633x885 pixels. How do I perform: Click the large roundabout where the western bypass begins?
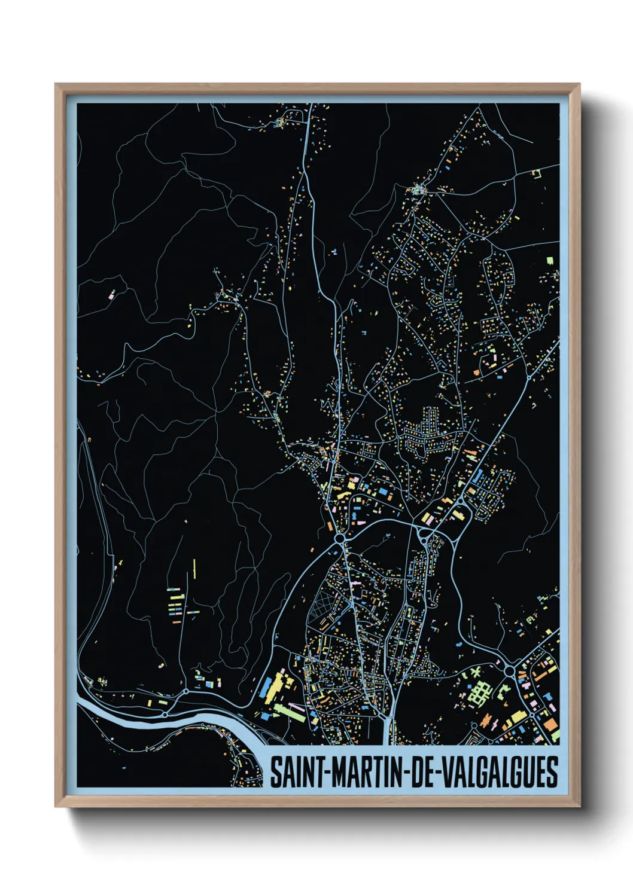(x=340, y=539)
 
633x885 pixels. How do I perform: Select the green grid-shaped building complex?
(x=479, y=692)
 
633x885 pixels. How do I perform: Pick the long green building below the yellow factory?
(x=290, y=713)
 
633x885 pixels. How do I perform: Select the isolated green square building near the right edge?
(x=550, y=261)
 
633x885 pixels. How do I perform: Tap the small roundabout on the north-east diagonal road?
(x=529, y=377)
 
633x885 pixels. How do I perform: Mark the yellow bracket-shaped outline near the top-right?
(x=537, y=173)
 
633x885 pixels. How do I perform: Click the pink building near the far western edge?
(x=111, y=295)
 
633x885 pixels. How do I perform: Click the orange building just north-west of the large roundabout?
(x=330, y=526)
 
